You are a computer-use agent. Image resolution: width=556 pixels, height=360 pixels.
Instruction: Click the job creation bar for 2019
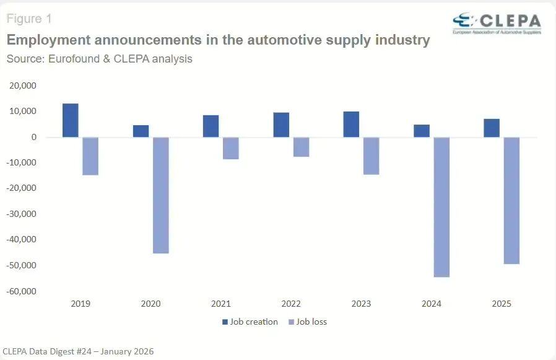tap(71, 120)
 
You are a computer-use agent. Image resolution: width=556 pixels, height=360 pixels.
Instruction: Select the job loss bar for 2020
tap(161, 195)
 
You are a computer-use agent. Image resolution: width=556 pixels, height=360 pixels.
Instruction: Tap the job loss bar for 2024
tap(441, 207)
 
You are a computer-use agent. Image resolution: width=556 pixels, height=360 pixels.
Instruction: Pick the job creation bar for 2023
tap(351, 125)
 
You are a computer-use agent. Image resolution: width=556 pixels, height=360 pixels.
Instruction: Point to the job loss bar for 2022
tap(301, 147)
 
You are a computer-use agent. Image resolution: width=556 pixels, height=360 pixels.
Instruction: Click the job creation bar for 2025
tap(492, 128)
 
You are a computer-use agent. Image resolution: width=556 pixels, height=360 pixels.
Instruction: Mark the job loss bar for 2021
tap(231, 148)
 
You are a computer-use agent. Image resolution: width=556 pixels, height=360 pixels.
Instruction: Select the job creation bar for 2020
tap(141, 131)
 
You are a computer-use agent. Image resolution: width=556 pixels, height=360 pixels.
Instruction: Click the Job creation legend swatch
tap(225, 322)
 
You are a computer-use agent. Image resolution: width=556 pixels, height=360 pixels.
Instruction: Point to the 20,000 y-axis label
tap(23, 86)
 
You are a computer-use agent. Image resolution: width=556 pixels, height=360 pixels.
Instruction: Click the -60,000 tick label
tap(21, 291)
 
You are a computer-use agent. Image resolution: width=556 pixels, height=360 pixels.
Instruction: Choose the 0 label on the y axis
tap(35, 137)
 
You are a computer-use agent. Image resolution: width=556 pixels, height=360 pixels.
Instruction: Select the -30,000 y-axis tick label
tap(21, 214)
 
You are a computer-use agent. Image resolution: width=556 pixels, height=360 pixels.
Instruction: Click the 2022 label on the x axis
tap(291, 304)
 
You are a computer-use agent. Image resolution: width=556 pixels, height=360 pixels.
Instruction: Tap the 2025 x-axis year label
tap(502, 304)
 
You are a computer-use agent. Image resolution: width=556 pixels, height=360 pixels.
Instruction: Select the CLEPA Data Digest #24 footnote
tap(78, 351)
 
